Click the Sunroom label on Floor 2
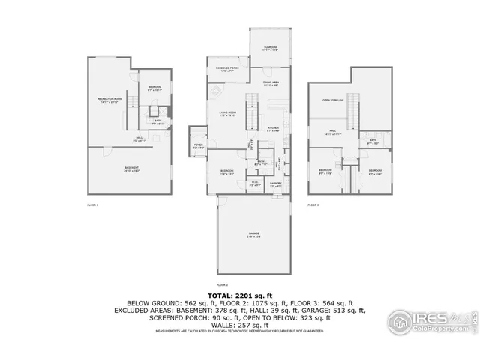(270, 49)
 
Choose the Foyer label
(199, 146)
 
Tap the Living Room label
(228, 114)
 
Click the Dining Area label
(271, 83)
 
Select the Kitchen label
(274, 130)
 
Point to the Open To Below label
(333, 100)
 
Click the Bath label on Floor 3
(373, 141)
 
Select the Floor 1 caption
(93, 205)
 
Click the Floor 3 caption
(313, 205)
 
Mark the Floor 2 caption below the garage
(221, 285)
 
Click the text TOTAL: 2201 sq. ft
(239, 295)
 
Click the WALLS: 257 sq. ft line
(239, 323)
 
